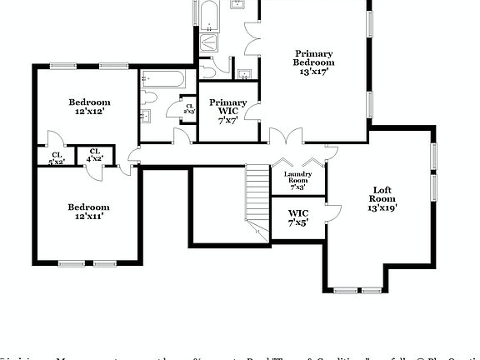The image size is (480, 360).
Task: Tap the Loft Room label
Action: click(x=382, y=199)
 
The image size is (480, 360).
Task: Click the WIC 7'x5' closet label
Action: click(x=297, y=217)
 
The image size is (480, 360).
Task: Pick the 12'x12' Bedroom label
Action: click(x=88, y=106)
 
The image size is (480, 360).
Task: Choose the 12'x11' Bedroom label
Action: click(x=88, y=211)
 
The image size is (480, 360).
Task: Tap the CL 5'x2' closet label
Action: click(x=57, y=157)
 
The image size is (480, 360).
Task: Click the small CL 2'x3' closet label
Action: click(x=189, y=107)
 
